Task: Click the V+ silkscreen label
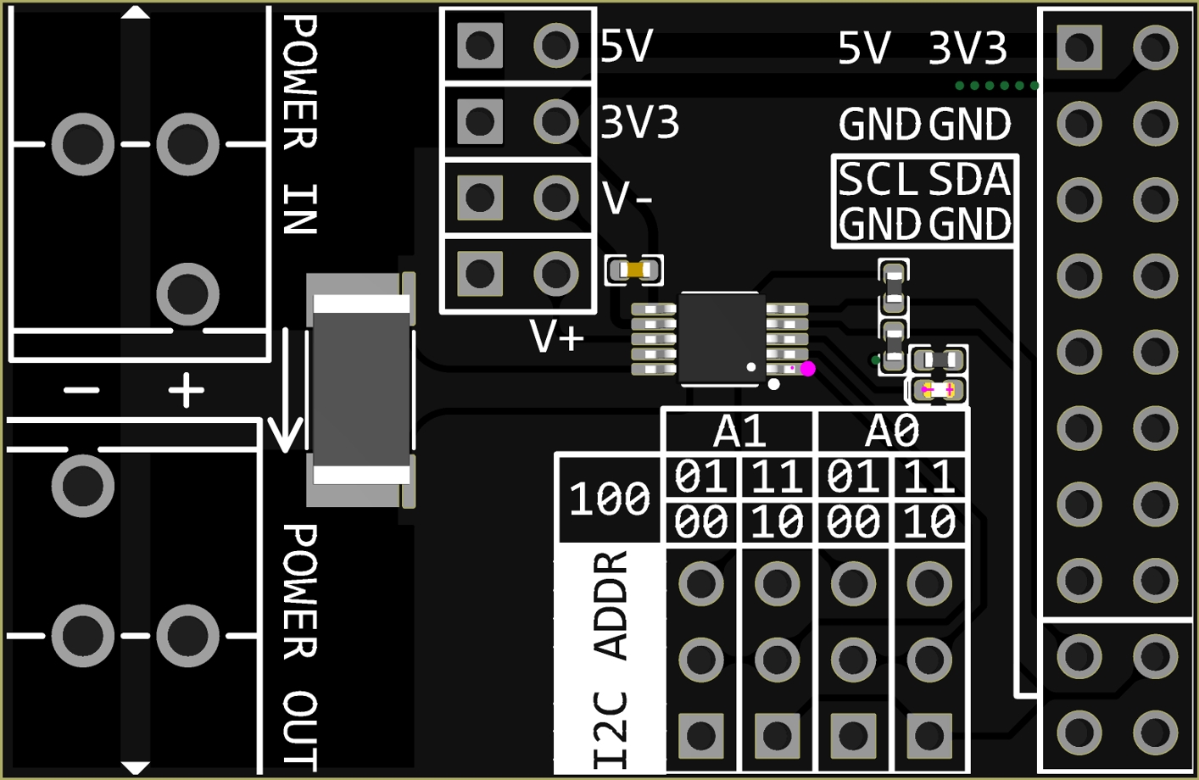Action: [x=557, y=337]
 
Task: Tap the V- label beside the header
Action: [x=627, y=198]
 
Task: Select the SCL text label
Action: [x=878, y=180]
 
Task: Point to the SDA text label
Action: [x=969, y=180]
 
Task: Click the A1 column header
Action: [x=739, y=431]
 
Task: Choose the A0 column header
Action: [x=891, y=431]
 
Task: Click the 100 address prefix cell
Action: [x=609, y=499]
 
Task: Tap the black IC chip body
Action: [x=721, y=337]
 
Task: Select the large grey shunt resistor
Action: [x=361, y=390]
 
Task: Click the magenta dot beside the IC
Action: [x=807, y=369]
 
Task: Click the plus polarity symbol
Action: [x=187, y=391]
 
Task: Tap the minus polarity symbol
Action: [x=81, y=391]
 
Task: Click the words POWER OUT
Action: [x=300, y=646]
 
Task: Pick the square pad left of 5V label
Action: [x=480, y=45]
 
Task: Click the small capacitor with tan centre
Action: [x=634, y=270]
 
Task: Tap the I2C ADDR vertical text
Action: [x=611, y=660]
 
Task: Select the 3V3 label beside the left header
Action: [x=640, y=123]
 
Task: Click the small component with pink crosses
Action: [x=938, y=390]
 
